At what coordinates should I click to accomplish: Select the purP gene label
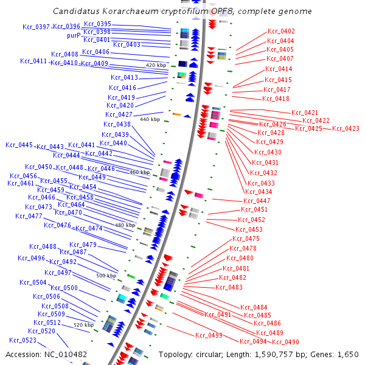[74, 36]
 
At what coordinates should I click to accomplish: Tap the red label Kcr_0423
[346, 128]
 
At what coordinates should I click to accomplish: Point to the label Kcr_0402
[280, 31]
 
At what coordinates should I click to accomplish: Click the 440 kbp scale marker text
[150, 120]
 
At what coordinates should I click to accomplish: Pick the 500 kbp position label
[106, 276]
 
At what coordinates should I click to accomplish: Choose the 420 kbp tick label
[156, 64]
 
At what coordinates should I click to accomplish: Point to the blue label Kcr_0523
[23, 340]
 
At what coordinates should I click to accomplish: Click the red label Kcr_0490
[285, 342]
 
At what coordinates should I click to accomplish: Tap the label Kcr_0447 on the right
[257, 201]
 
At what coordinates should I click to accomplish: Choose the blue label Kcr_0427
[119, 114]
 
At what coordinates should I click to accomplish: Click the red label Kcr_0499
[209, 335]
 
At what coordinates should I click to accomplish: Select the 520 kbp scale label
[84, 325]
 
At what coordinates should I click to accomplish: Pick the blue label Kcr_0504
[33, 282]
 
